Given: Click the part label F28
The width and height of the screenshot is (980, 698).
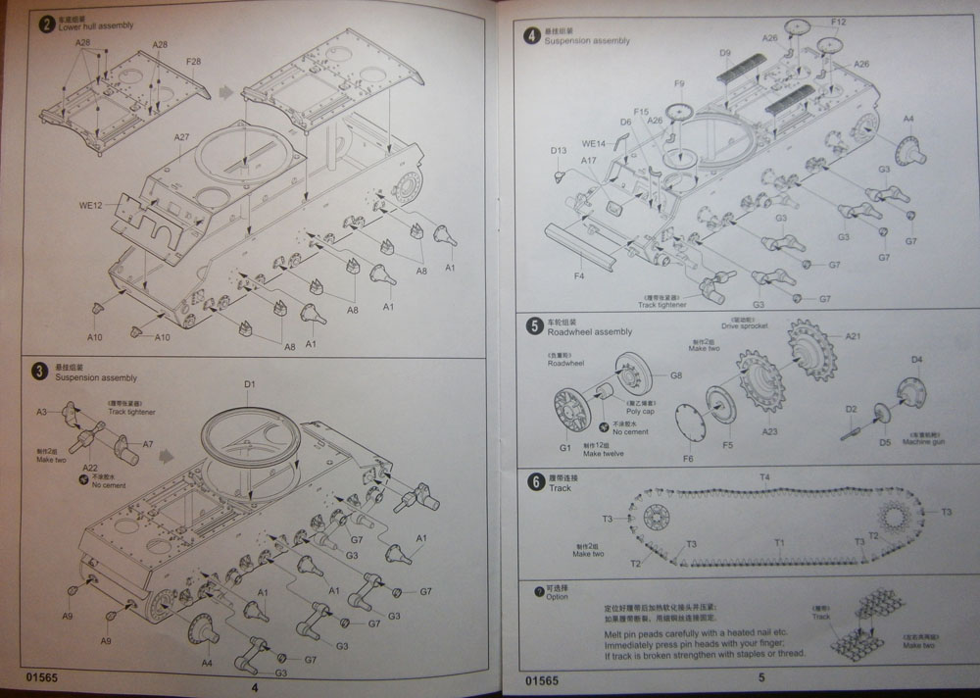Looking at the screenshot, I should coord(193,63).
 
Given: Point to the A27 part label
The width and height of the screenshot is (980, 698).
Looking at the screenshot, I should coord(183,138).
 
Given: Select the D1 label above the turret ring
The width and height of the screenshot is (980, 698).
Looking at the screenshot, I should coord(249,384).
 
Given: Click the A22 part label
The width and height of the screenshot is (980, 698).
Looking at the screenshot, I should coord(89,470).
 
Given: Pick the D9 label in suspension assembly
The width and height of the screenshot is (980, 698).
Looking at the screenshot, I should coord(725,53).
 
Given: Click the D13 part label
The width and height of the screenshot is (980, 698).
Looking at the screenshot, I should coord(559,150).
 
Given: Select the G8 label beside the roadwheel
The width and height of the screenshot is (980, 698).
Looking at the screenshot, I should coord(675,375).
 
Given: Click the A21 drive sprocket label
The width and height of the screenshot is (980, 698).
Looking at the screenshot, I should coord(852,335).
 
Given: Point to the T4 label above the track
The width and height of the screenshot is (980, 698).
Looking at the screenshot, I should coord(764,476).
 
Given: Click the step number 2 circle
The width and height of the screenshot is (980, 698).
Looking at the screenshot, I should coord(44,23).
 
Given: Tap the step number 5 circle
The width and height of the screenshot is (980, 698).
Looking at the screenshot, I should coord(534,325).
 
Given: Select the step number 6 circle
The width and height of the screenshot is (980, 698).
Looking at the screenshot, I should coord(534,481).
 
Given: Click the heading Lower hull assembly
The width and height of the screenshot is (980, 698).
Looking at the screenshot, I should coord(96,25).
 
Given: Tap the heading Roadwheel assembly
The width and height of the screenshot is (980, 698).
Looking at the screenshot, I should coord(589,332).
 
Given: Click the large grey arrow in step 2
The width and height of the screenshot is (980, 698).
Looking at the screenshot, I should coord(226,91).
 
